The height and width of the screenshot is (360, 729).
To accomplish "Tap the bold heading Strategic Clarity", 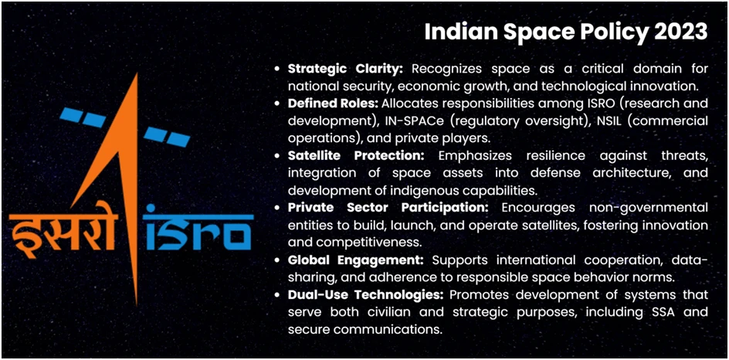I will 340,69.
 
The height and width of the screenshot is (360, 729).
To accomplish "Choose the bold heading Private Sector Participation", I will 388,207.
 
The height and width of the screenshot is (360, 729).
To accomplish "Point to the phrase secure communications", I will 364,329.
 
